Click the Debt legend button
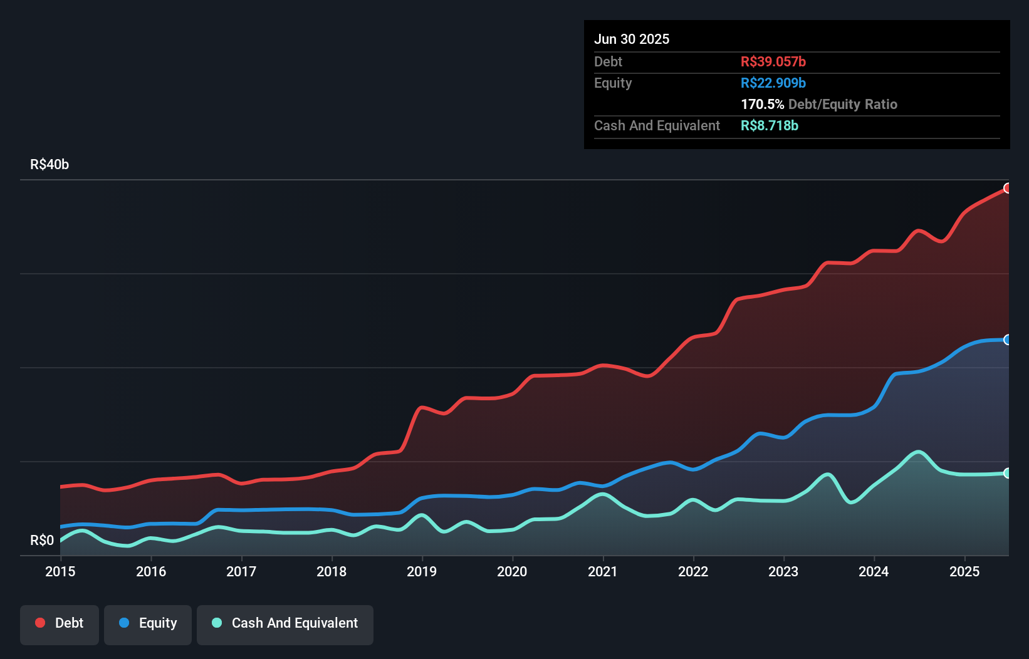(x=60, y=624)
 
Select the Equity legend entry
(x=148, y=624)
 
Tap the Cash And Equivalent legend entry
(x=285, y=624)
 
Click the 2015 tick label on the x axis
(x=60, y=571)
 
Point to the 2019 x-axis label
(x=422, y=571)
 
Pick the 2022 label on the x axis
(x=693, y=571)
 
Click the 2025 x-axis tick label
(x=964, y=571)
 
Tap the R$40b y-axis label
(x=50, y=165)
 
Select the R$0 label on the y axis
(x=42, y=540)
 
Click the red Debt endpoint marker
(x=1007, y=188)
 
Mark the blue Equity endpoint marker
(x=1007, y=340)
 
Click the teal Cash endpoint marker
(x=1007, y=473)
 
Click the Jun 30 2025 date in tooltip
(x=632, y=39)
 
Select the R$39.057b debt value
(x=773, y=62)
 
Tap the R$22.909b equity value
(x=773, y=83)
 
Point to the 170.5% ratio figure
(x=762, y=105)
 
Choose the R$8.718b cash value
(x=769, y=126)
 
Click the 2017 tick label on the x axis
(x=241, y=571)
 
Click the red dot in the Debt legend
(x=40, y=623)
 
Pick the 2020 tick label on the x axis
(x=512, y=571)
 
